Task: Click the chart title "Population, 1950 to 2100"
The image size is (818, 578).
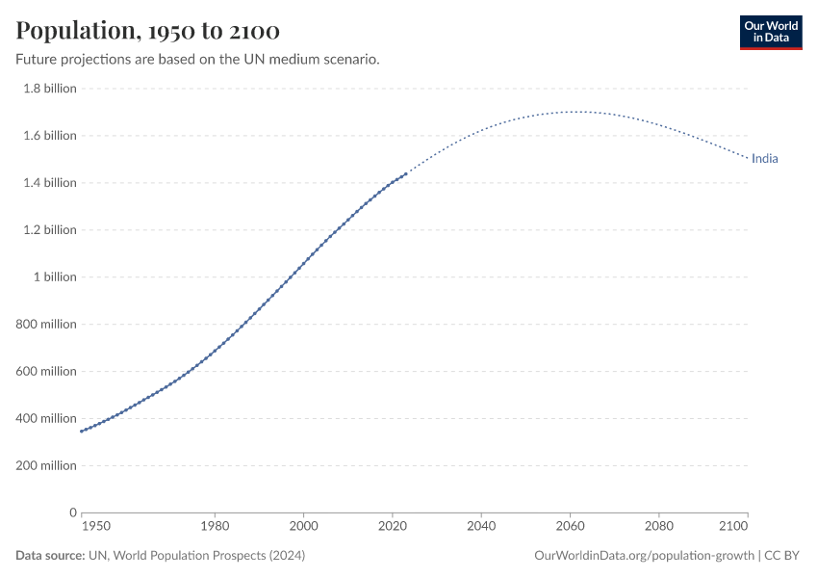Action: [148, 32]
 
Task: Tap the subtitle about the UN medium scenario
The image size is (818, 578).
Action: [197, 60]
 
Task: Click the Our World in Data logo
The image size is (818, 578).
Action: [770, 32]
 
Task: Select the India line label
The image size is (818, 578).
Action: [764, 159]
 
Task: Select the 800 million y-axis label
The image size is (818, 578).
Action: [46, 325]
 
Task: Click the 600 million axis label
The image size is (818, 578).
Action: [46, 372]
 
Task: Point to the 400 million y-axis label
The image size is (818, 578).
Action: [46, 419]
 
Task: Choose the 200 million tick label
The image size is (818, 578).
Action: [46, 466]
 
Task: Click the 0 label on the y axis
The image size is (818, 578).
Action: [72, 512]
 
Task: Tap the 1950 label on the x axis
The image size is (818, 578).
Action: [96, 527]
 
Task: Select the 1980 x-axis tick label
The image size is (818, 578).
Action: [215, 527]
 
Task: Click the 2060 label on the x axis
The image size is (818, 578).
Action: [570, 527]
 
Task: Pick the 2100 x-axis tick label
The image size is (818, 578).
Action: [733, 527]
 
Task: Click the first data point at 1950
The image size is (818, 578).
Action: [82, 431]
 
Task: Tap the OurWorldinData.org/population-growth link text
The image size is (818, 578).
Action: [643, 556]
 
